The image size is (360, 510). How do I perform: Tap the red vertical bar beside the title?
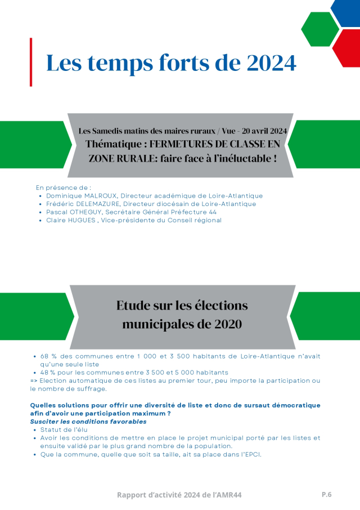point(31,62)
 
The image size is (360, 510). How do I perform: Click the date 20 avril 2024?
point(259,131)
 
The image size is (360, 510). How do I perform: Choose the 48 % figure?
point(47,372)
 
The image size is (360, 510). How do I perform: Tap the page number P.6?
point(326,494)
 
